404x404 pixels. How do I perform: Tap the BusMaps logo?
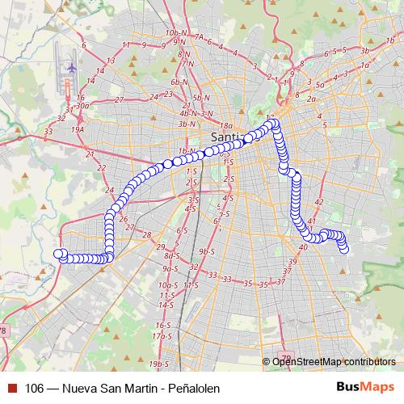click(364, 388)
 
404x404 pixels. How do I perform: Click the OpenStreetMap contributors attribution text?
click(334, 361)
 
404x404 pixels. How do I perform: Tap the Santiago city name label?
click(224, 137)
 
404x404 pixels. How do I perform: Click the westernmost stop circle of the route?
click(59, 254)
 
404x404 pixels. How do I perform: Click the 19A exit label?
click(78, 128)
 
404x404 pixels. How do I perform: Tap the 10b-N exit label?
click(175, 33)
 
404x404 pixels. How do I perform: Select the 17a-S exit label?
click(163, 335)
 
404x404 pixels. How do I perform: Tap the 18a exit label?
click(227, 126)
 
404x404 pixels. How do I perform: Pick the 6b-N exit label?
click(179, 82)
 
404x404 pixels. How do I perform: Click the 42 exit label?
click(318, 202)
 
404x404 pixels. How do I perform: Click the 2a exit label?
click(311, 99)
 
